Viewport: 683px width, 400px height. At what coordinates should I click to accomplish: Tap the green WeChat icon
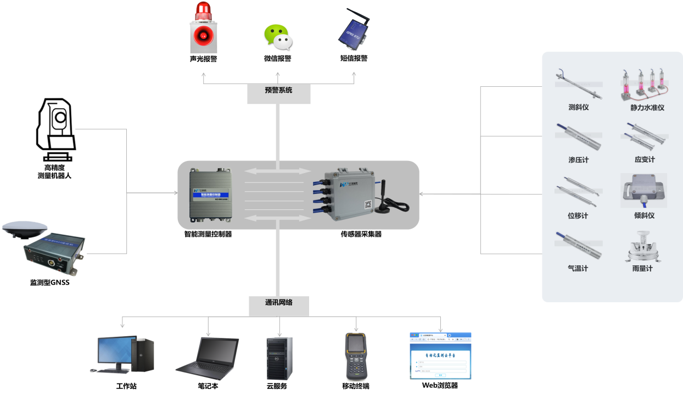point(277,37)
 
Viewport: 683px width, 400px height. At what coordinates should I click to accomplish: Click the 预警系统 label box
point(279,91)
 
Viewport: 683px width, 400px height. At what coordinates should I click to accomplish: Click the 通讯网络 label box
point(279,303)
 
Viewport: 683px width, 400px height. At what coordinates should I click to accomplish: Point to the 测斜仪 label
point(579,107)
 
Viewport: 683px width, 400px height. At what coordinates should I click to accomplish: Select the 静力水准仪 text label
point(647,108)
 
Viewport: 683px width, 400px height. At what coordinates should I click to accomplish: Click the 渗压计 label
point(578,160)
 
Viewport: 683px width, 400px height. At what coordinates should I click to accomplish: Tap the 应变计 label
point(645,160)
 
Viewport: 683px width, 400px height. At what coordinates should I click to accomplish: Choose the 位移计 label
point(578,216)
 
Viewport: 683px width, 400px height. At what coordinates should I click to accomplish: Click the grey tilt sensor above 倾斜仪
point(643,191)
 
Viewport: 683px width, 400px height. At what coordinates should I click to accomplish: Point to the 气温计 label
point(578,269)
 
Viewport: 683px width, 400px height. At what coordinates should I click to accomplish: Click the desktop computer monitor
point(117,352)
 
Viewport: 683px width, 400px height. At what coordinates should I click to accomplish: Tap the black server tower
point(279,358)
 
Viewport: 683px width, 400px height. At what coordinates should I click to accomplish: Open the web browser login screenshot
point(440,355)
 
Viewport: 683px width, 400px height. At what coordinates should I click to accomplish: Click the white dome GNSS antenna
point(25,229)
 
